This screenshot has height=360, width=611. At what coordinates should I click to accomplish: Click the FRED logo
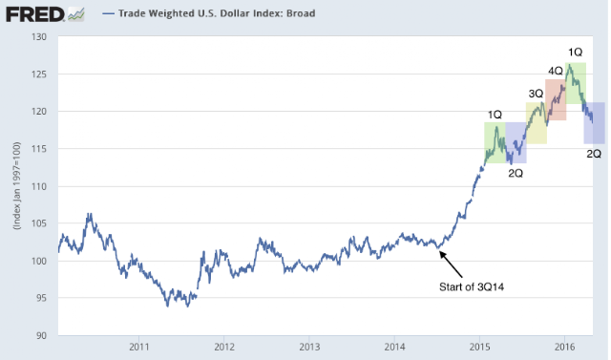click(x=35, y=14)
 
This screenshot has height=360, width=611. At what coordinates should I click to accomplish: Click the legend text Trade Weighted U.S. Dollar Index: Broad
click(x=217, y=13)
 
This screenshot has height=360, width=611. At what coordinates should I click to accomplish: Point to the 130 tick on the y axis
click(x=38, y=36)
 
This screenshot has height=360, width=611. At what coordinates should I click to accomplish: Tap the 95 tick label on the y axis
click(x=40, y=298)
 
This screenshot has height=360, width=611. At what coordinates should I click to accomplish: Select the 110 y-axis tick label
click(x=38, y=186)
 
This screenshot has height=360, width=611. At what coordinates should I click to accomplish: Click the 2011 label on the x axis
click(x=139, y=347)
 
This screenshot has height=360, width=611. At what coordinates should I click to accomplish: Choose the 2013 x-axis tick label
click(x=309, y=347)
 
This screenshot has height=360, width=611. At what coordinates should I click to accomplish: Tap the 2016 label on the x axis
click(x=564, y=347)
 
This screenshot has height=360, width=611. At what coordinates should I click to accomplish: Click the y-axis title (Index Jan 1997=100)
click(x=16, y=185)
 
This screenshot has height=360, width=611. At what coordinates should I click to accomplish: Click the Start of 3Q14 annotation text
click(x=472, y=287)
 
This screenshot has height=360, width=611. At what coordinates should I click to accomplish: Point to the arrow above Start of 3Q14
click(x=451, y=265)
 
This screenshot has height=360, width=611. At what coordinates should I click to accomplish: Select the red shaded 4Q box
click(x=556, y=99)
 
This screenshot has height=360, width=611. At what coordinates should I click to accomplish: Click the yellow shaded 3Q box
click(x=537, y=123)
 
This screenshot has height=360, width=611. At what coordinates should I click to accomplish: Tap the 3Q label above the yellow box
click(x=536, y=94)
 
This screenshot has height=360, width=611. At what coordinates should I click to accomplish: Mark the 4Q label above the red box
click(x=556, y=71)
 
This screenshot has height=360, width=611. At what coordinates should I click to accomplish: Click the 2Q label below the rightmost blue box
click(x=594, y=154)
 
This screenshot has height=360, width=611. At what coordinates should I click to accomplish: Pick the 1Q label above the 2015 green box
click(x=495, y=115)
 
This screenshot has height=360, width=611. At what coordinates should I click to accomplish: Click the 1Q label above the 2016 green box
click(x=575, y=52)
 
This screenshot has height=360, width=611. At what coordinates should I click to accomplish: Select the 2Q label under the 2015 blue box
click(x=516, y=173)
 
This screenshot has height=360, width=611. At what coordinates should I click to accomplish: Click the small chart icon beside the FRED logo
click(x=76, y=15)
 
